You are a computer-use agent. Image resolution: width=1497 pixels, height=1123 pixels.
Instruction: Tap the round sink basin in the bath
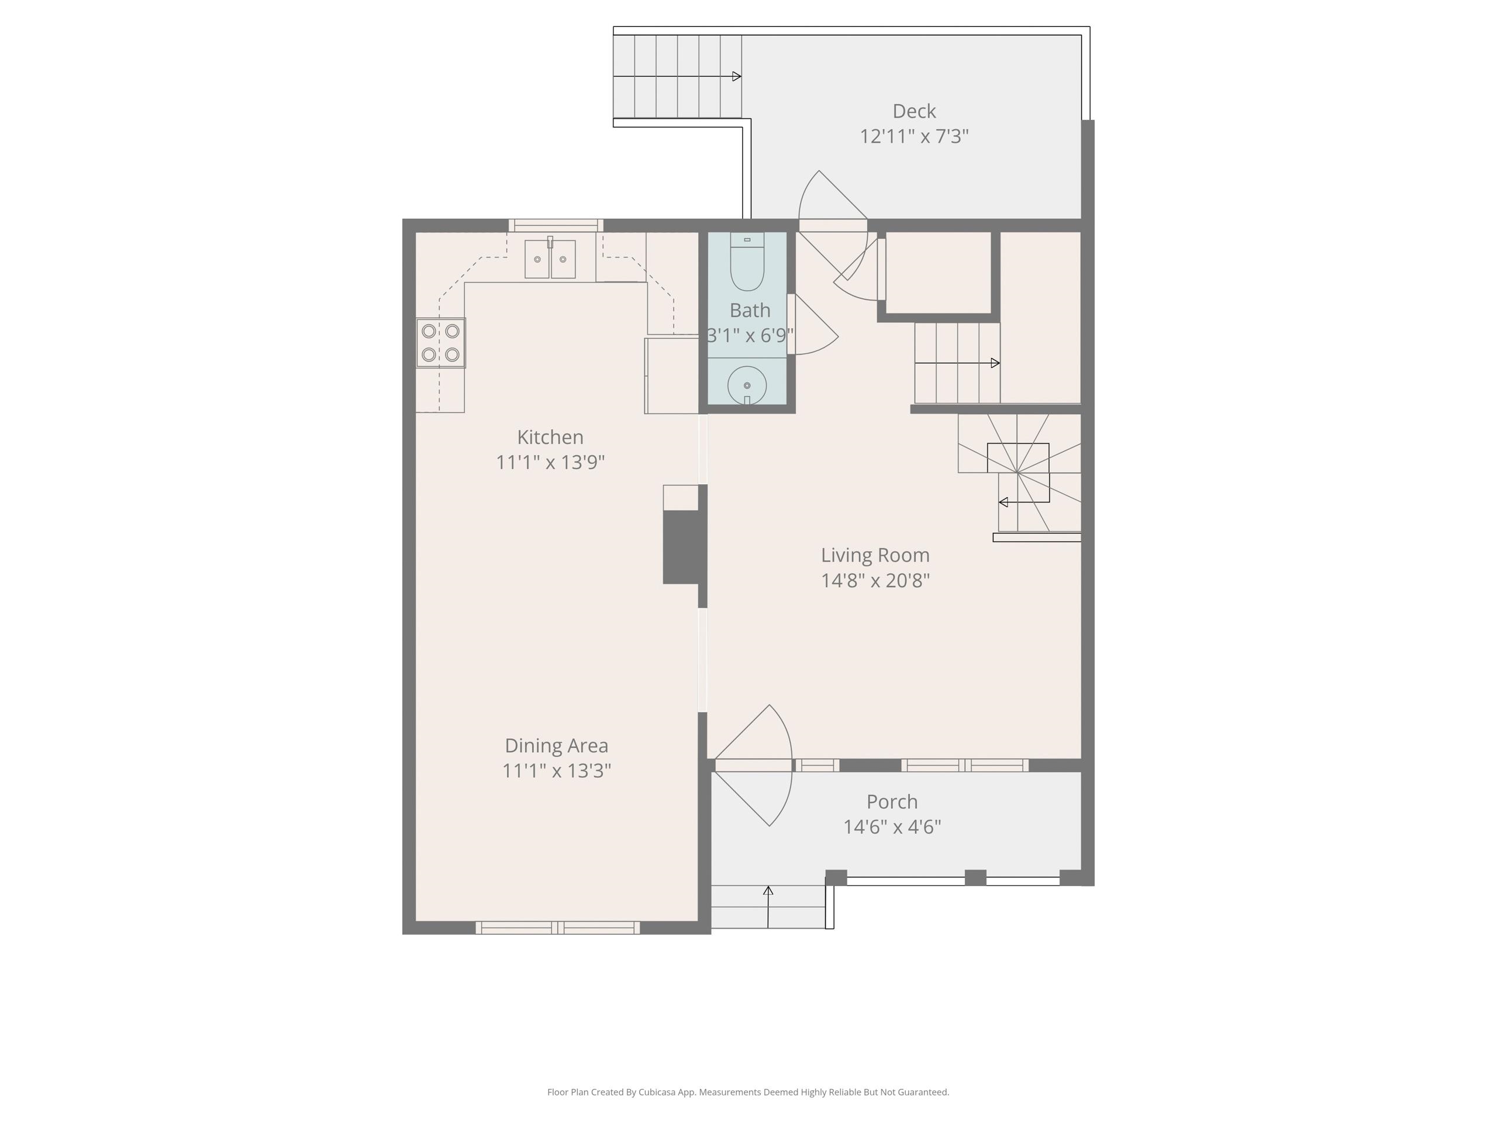tap(747, 386)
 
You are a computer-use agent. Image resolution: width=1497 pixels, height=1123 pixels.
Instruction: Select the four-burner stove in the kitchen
tap(440, 343)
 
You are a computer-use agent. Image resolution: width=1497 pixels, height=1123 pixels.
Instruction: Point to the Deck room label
tap(913, 111)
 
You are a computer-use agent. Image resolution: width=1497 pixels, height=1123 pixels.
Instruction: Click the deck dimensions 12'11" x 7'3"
tap(913, 136)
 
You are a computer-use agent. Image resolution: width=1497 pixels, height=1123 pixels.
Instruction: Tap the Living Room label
tap(875, 555)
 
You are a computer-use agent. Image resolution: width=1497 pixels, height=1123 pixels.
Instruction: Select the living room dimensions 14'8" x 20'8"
tap(875, 580)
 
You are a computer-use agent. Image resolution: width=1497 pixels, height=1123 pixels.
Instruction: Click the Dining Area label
tap(556, 745)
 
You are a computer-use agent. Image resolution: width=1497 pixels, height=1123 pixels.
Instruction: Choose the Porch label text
tap(892, 801)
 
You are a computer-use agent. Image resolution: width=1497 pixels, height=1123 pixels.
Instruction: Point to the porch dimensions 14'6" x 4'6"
tap(892, 826)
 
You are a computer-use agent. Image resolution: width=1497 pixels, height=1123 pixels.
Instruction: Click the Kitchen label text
tap(550, 436)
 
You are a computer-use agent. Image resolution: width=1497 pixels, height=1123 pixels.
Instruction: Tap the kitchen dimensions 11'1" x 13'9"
tap(550, 461)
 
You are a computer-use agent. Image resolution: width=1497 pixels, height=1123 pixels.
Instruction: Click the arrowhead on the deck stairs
tap(737, 77)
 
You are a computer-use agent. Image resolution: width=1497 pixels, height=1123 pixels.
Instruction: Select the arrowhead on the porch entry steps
tap(768, 891)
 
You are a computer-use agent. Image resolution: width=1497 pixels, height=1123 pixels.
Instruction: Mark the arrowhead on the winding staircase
tap(1003, 502)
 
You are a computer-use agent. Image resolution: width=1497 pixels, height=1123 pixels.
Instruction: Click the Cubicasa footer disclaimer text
tap(748, 1092)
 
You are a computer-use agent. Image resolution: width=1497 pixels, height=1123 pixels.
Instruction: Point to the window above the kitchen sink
tap(556, 225)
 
